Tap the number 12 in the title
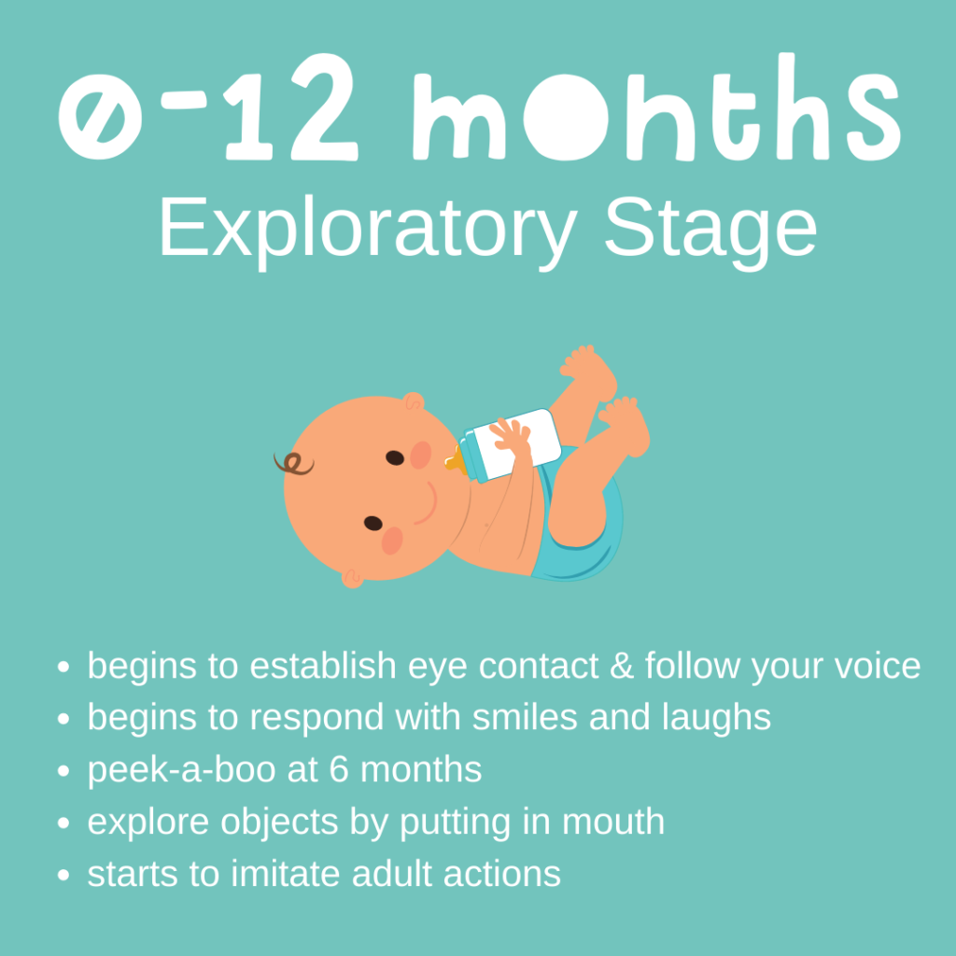pyautogui.click(x=292, y=108)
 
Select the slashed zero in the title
pyautogui.click(x=100, y=116)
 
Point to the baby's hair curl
pyautogui.click(x=293, y=463)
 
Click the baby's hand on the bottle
pyautogui.click(x=511, y=434)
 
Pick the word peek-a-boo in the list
pyautogui.click(x=181, y=770)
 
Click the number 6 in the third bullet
pyautogui.click(x=338, y=769)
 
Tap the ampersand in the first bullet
pyautogui.click(x=621, y=665)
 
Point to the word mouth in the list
pyautogui.click(x=612, y=822)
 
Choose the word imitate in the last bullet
pyautogui.click(x=286, y=874)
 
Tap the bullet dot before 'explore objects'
pyautogui.click(x=63, y=823)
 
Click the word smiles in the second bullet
pyautogui.click(x=525, y=718)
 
